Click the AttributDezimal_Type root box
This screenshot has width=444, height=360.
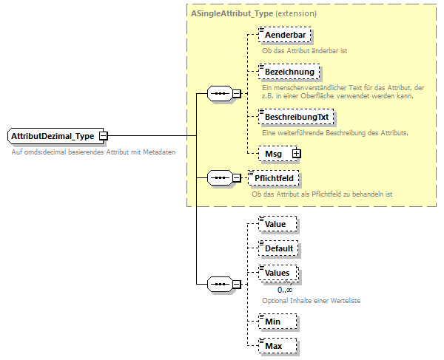point(53,136)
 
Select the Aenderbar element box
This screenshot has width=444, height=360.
point(284,35)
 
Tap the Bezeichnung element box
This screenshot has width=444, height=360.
point(288,72)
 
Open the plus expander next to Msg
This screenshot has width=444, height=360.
point(297,153)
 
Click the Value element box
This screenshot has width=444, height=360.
point(276,223)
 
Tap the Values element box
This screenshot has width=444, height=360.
point(278,273)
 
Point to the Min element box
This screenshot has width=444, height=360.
point(275,321)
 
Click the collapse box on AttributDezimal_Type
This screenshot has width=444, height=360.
point(104,136)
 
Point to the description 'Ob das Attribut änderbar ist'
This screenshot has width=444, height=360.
point(305,51)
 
